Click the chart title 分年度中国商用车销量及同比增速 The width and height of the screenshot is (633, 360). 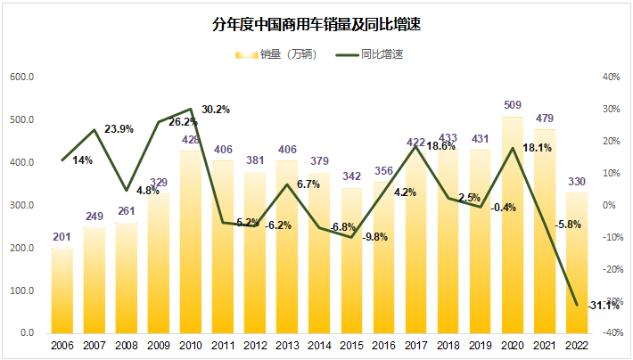(316, 25)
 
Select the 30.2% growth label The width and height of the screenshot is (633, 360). (215, 110)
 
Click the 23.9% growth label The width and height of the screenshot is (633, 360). (119, 129)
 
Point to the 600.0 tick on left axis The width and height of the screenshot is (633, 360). (22, 78)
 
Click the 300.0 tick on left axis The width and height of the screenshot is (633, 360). (22, 205)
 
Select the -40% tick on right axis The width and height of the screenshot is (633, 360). (611, 333)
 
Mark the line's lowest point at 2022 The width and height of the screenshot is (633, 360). (576, 305)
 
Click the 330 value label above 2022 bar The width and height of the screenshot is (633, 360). (576, 183)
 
